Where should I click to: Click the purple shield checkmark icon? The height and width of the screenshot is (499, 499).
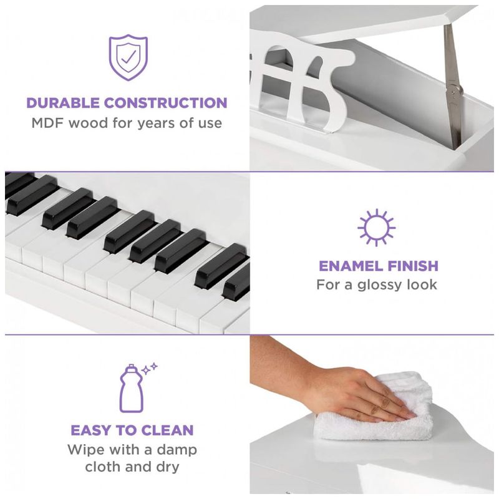(128, 57)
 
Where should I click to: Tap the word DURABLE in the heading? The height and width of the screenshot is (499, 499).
(63, 103)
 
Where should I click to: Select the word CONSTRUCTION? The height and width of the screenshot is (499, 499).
(166, 103)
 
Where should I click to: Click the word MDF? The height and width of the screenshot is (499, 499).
(48, 123)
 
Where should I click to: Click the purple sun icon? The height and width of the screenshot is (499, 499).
(377, 228)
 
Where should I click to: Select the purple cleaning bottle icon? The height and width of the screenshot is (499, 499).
(132, 388)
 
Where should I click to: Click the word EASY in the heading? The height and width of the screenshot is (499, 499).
(91, 430)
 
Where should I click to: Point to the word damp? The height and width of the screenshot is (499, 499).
(177, 450)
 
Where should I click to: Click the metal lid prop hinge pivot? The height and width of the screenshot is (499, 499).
(453, 90)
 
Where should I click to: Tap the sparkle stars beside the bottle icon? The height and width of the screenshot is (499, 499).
(150, 369)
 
